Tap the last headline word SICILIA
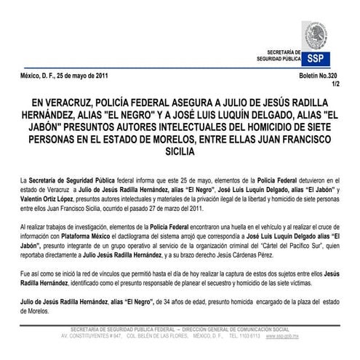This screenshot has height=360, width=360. [180, 153]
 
